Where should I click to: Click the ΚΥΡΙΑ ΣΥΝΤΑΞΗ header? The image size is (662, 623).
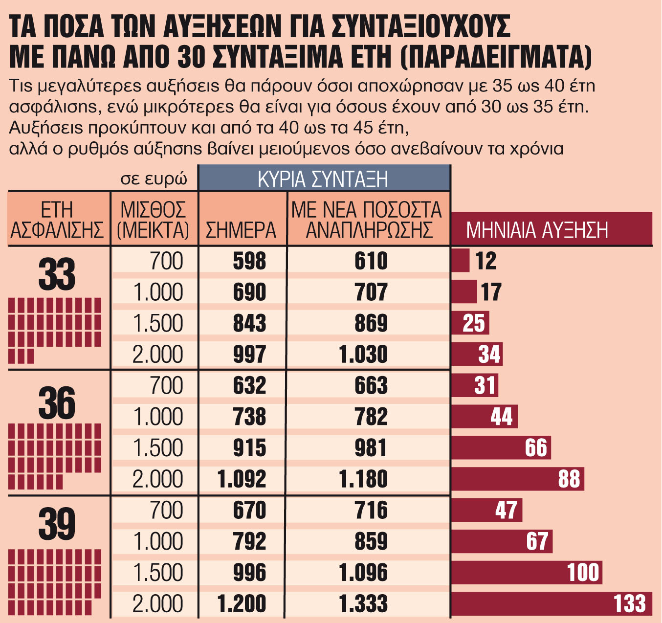pyautogui.click(x=323, y=179)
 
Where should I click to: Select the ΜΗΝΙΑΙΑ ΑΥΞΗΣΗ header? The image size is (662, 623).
pyautogui.click(x=537, y=230)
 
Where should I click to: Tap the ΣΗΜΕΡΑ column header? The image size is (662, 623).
pyautogui.click(x=242, y=230)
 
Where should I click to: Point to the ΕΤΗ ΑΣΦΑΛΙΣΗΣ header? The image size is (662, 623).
pyautogui.click(x=57, y=220)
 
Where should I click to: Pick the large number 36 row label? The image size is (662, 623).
pyautogui.click(x=57, y=403)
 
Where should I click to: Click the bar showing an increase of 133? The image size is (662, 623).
pyautogui.click(x=552, y=603)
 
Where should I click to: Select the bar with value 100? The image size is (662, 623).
pyautogui.click(x=526, y=573)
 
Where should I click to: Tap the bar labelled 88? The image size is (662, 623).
pyautogui.click(x=517, y=479)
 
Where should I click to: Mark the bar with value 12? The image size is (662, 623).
pyautogui.click(x=460, y=261)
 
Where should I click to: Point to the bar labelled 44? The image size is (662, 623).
pyautogui.click(x=484, y=417)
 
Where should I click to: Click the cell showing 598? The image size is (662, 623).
pyautogui.click(x=249, y=261)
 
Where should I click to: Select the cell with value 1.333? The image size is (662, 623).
pyautogui.click(x=363, y=603)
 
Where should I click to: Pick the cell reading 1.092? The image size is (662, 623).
pyautogui.click(x=242, y=479)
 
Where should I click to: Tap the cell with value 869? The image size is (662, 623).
pyautogui.click(x=371, y=323)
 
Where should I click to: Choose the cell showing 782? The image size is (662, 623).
pyautogui.click(x=371, y=417)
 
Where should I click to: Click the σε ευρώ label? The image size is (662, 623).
pyautogui.click(x=154, y=179)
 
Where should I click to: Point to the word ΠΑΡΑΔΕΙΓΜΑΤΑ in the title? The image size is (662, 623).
pyautogui.click(x=496, y=57)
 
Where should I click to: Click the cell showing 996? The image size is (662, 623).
pyautogui.click(x=249, y=573)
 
